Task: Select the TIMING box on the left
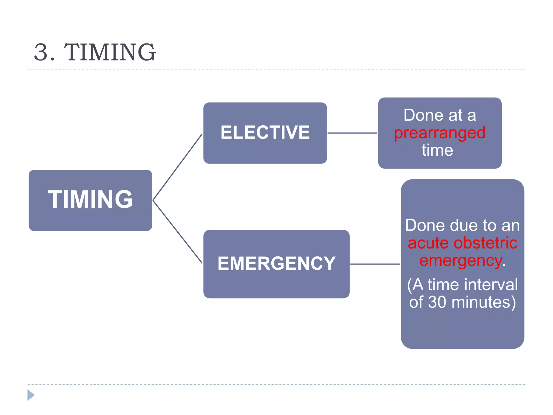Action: [x=90, y=200]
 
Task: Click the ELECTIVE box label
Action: [x=265, y=133]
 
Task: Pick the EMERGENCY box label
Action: [x=276, y=263]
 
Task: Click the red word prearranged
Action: [x=440, y=133]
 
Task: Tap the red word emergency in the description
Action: [x=460, y=261]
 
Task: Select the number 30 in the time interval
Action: [x=437, y=302]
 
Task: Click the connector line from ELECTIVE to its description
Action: [x=352, y=133]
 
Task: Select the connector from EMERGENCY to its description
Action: [x=375, y=264]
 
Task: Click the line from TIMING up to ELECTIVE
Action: [x=178, y=167]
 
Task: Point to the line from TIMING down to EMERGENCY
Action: [x=178, y=232]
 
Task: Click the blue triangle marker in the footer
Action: [x=31, y=395]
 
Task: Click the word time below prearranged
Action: [x=437, y=150]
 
